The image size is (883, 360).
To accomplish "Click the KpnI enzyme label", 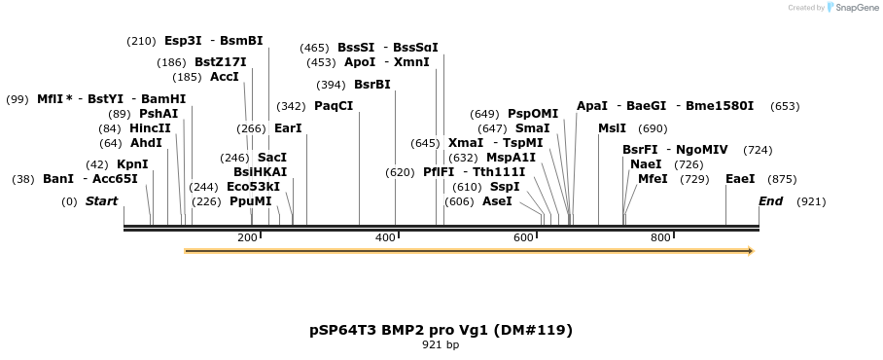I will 132,164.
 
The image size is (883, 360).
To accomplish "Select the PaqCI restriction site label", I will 334,106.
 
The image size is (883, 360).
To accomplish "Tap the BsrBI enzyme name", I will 371,85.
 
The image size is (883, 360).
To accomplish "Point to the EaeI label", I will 740,179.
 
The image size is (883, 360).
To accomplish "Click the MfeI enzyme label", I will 653,179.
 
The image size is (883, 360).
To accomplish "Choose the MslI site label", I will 613,128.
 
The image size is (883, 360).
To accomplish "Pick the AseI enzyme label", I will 497,201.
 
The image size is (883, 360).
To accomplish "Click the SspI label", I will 505,187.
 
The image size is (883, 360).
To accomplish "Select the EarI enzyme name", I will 288,128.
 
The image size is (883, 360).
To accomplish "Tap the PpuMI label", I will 251,201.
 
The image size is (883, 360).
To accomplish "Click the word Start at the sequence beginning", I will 101,201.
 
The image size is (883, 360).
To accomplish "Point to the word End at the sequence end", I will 770,201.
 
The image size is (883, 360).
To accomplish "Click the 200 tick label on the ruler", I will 247,238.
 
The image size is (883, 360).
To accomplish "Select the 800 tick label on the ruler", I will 661,238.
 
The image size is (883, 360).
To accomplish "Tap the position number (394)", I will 331,85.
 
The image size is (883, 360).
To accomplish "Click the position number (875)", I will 782,179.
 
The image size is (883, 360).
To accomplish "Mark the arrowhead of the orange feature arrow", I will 750,251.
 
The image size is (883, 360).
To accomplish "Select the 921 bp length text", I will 441,345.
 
